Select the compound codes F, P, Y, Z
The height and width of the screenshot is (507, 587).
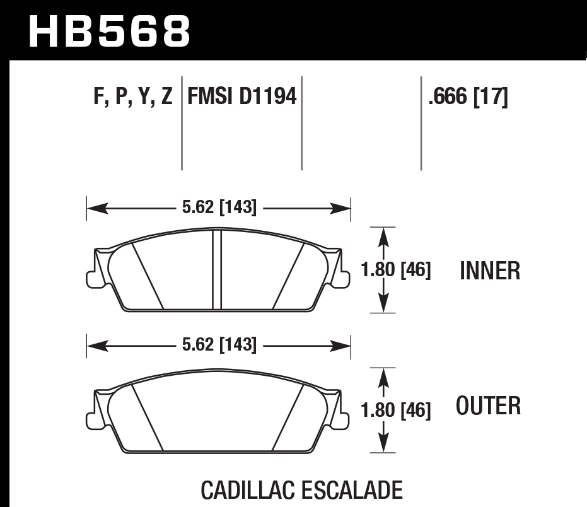[x=132, y=98]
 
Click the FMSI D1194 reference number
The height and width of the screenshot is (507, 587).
[x=242, y=98]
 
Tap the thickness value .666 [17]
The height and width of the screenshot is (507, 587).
[x=467, y=98]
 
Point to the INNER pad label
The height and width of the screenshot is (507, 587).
[x=490, y=271]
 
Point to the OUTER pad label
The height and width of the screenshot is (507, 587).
[x=489, y=405]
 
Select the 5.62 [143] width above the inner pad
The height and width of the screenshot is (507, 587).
[x=219, y=207]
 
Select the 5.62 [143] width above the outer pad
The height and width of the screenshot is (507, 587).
[x=219, y=345]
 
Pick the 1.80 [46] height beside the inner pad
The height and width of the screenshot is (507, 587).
[x=396, y=271]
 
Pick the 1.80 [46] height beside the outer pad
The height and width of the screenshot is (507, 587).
[x=396, y=411]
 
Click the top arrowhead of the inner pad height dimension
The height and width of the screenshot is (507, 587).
[x=381, y=233]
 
